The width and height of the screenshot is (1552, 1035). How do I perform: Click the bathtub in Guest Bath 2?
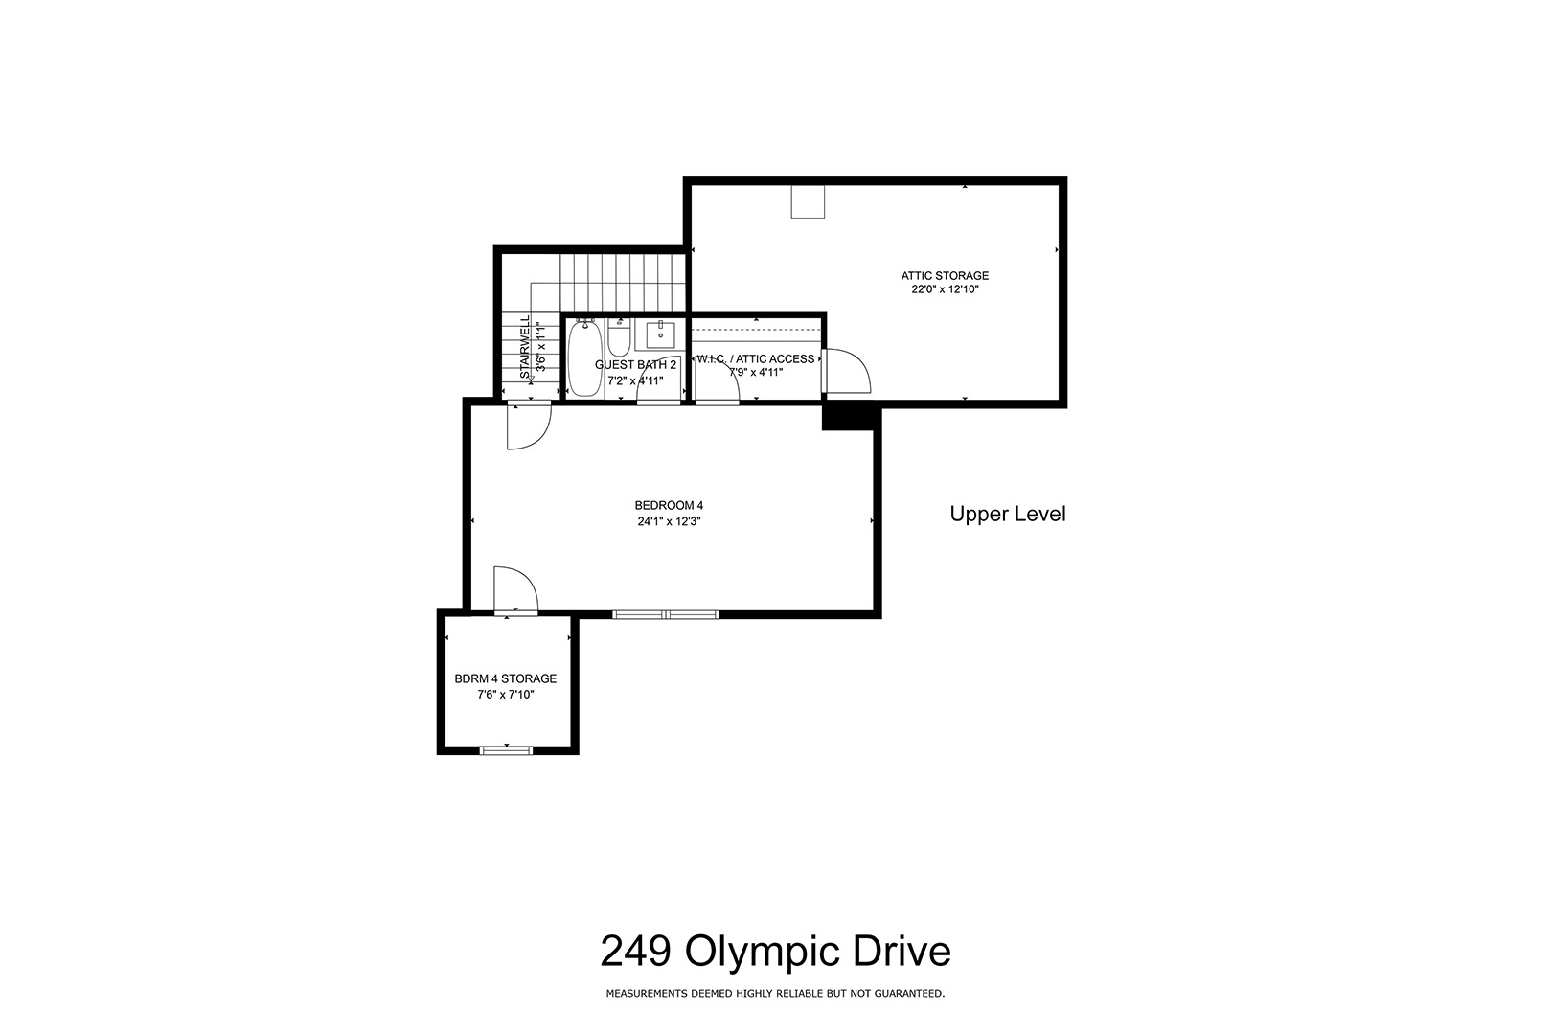585,357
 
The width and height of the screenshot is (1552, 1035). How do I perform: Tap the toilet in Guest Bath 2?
619,339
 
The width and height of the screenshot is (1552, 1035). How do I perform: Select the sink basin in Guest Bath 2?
662,334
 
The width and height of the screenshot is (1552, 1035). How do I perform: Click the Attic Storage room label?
945,275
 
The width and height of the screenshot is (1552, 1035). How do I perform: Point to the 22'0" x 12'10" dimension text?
945,289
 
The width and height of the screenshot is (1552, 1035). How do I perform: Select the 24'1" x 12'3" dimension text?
670,521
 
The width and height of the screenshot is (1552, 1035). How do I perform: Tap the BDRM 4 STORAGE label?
505,678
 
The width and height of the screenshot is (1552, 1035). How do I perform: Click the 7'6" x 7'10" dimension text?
505,695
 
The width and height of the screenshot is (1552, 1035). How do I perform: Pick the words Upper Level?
1008,514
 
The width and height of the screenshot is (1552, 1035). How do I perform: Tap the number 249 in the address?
635,951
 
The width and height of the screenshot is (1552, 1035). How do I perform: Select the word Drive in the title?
902,951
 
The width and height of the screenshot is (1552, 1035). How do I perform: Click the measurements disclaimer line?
775,994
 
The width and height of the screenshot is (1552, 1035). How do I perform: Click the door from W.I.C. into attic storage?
847,371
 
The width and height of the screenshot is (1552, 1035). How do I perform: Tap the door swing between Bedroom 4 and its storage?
515,590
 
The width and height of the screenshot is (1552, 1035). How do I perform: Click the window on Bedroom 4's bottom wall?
666,614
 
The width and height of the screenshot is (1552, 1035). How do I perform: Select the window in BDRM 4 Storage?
507,749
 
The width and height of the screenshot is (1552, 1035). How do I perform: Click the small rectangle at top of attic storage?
809,202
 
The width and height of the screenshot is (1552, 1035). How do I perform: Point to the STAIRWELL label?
525,347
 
